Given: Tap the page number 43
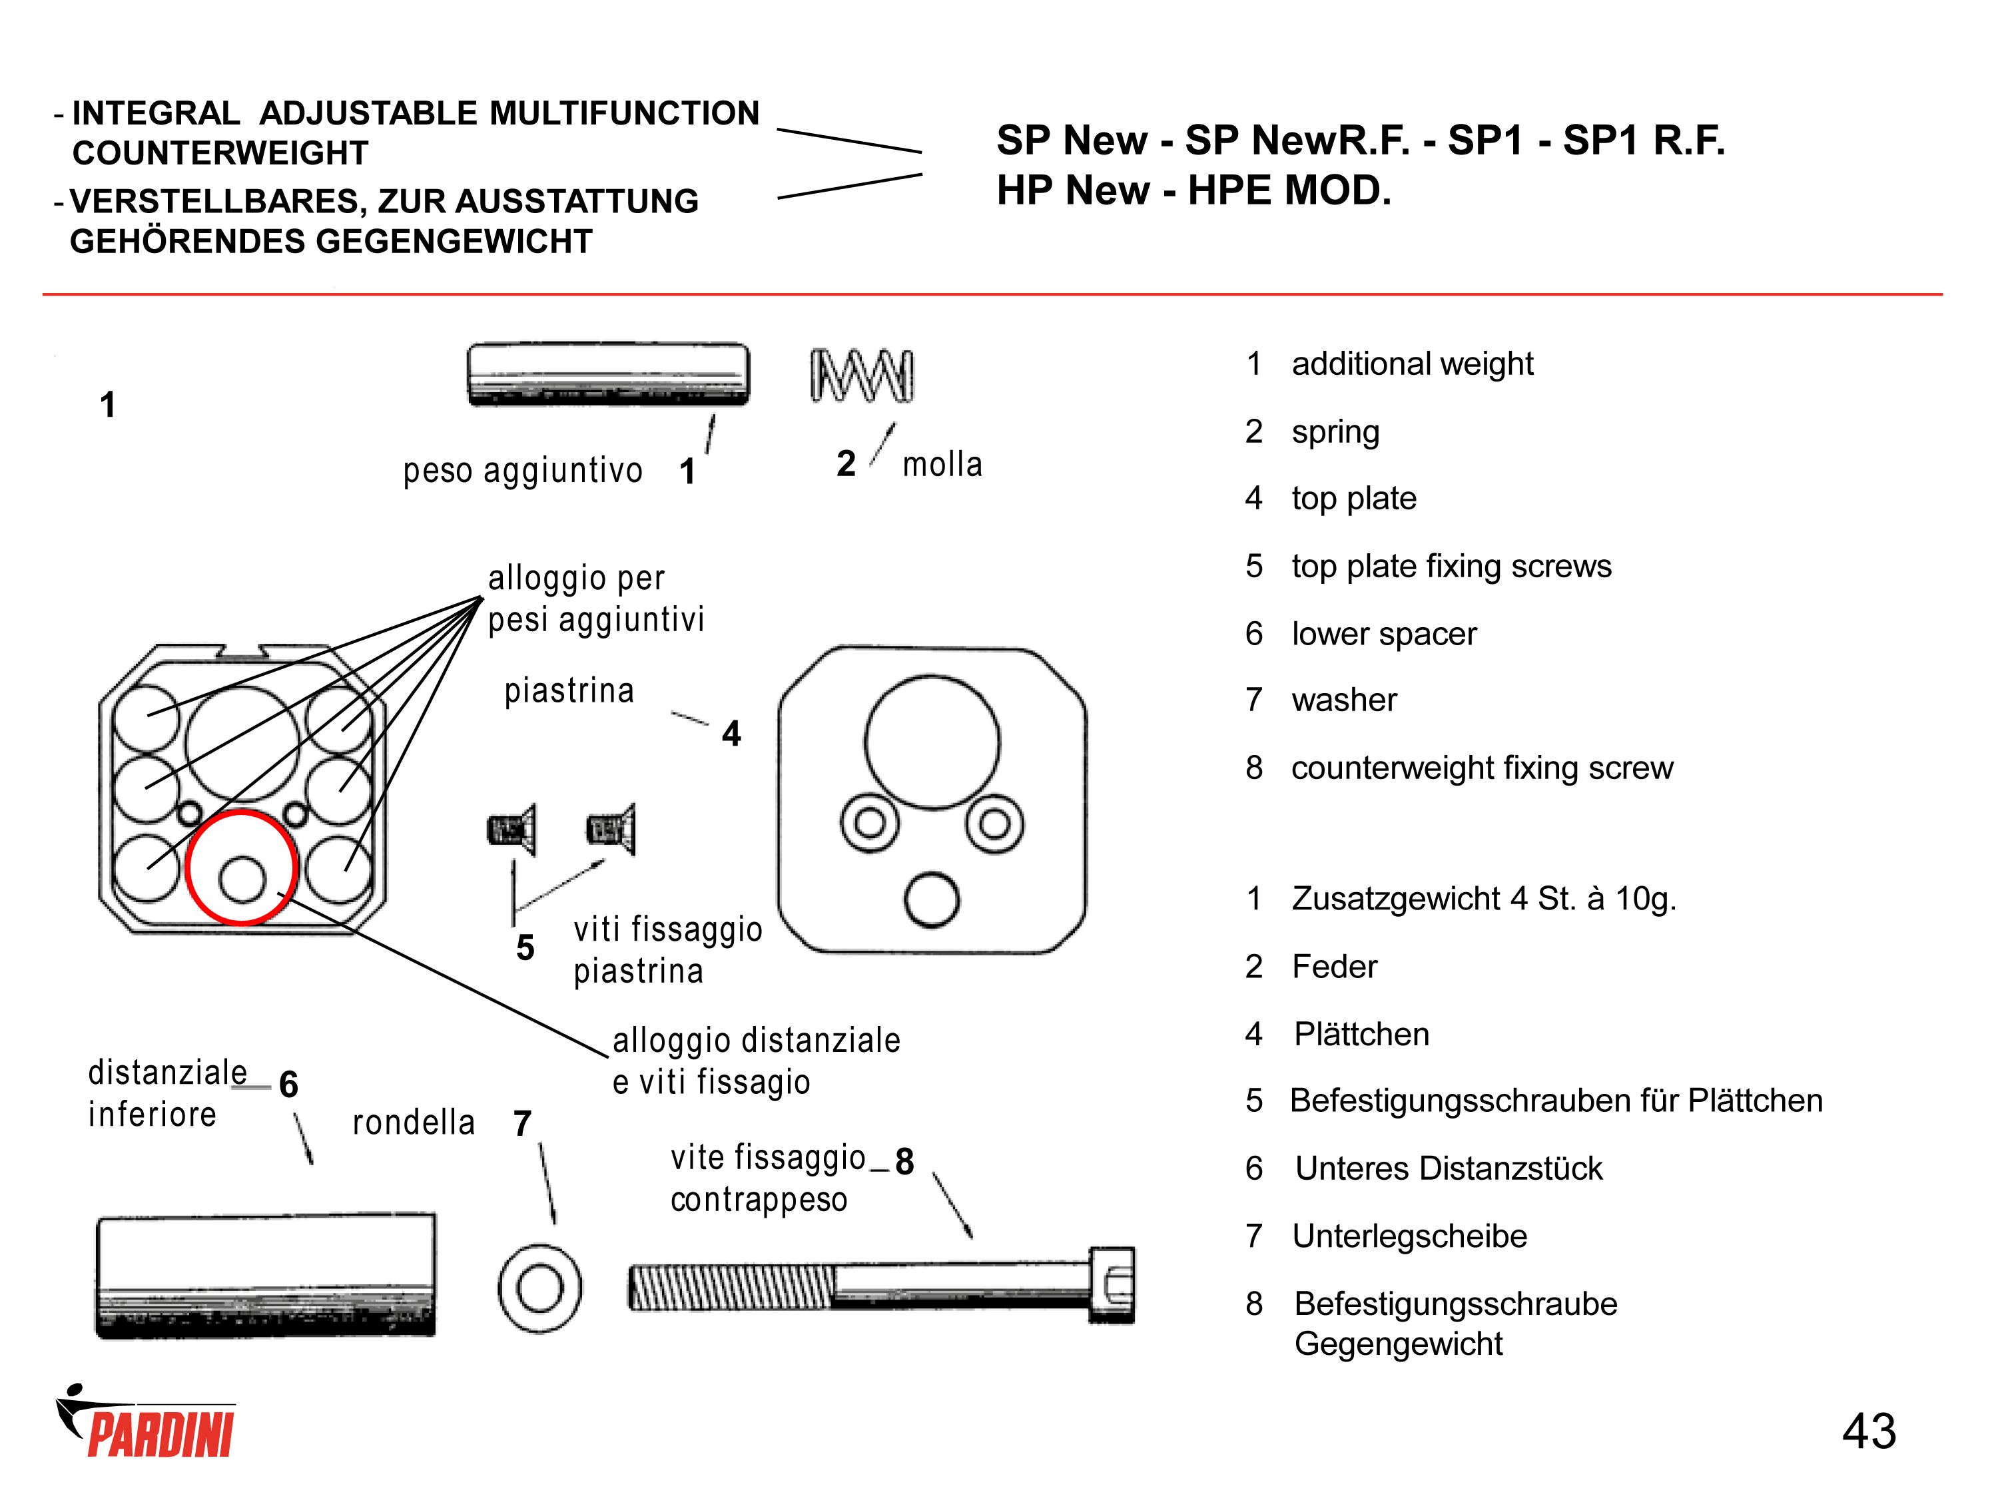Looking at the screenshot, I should pos(1868,1431).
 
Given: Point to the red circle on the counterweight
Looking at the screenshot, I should pos(241,868).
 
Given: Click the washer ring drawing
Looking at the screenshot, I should pos(540,1288).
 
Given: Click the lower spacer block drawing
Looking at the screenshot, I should pos(266,1276).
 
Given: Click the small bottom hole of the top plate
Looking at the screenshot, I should pos(931,899).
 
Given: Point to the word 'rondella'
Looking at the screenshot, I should pos(413,1123).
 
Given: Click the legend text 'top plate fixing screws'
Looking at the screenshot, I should pos(1451,566).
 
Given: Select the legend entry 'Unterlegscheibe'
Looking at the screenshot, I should pos(1409,1235).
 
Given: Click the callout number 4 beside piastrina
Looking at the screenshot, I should pos(731,733).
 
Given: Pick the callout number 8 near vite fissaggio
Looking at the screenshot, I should pos(904,1161).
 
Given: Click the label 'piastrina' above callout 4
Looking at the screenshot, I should pos(569,691).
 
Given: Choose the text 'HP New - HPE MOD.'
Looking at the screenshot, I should pos(1193,190).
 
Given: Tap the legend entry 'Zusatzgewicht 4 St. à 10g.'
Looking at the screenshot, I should pos(1483,898).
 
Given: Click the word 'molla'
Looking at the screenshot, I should pos(942,464).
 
